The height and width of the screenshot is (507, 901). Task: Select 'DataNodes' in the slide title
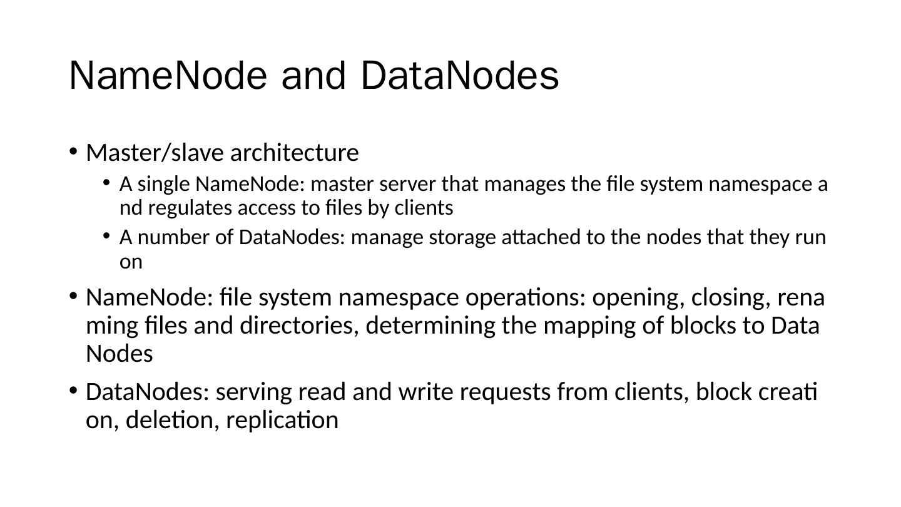coord(460,76)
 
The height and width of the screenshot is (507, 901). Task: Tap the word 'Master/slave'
coord(155,152)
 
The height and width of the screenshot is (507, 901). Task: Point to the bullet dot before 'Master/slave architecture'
coord(73,151)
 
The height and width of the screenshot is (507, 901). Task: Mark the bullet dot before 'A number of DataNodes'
coord(107,237)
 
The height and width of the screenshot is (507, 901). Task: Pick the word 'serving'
coord(254,392)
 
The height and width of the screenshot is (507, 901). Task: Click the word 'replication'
coord(282,420)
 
